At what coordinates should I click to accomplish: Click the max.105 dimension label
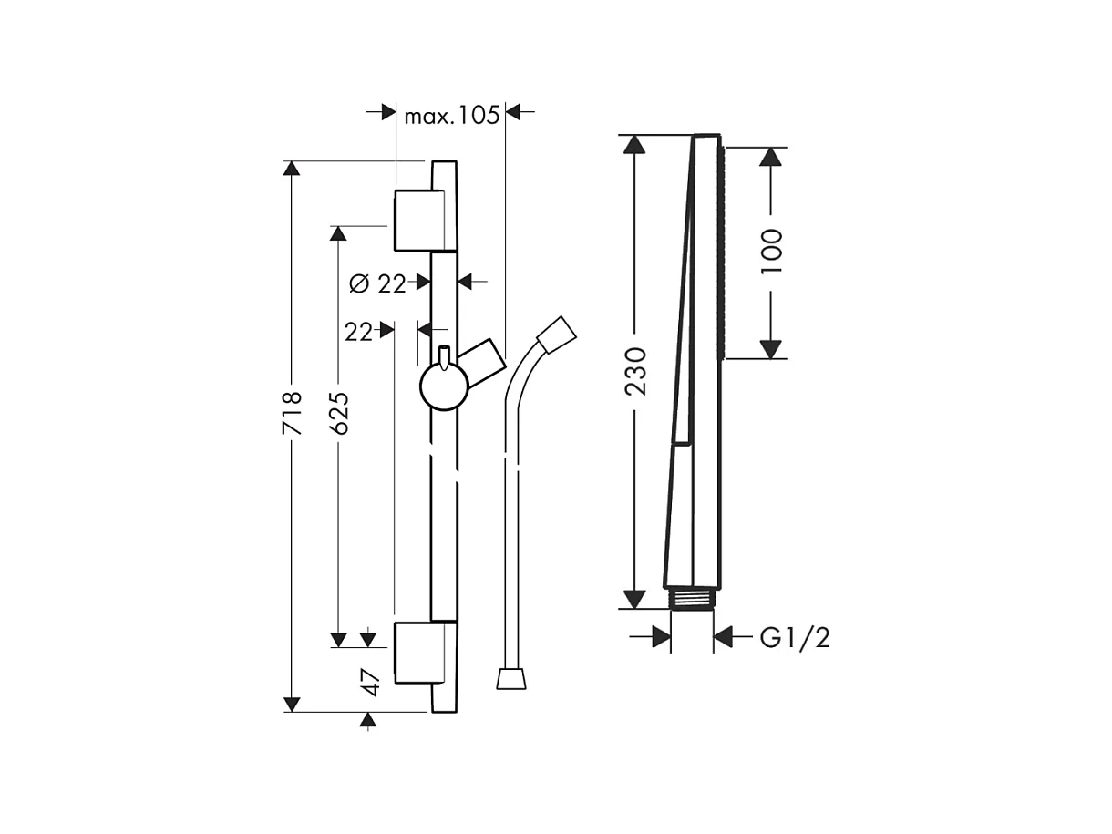(x=452, y=115)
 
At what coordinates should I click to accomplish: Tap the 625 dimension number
(x=339, y=416)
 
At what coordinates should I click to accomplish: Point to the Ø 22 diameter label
(x=377, y=283)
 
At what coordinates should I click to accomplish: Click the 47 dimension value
(x=369, y=682)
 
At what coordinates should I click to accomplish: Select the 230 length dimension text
(x=634, y=370)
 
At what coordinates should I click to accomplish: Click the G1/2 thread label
(x=795, y=638)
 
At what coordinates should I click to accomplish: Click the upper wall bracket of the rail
(x=417, y=220)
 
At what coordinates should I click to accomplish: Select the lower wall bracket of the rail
(x=417, y=652)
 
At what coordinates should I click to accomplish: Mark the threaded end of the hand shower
(x=692, y=600)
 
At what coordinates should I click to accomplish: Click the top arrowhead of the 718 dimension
(x=292, y=169)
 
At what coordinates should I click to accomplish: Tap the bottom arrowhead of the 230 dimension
(x=634, y=600)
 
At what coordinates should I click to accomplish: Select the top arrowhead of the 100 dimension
(x=771, y=156)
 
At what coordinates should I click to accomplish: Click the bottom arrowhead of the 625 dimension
(x=339, y=640)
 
